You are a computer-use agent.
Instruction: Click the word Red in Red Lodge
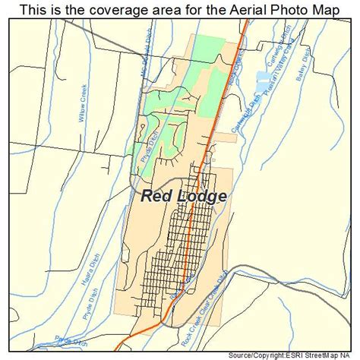point(157,196)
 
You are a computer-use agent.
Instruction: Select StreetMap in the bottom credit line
point(329,355)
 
